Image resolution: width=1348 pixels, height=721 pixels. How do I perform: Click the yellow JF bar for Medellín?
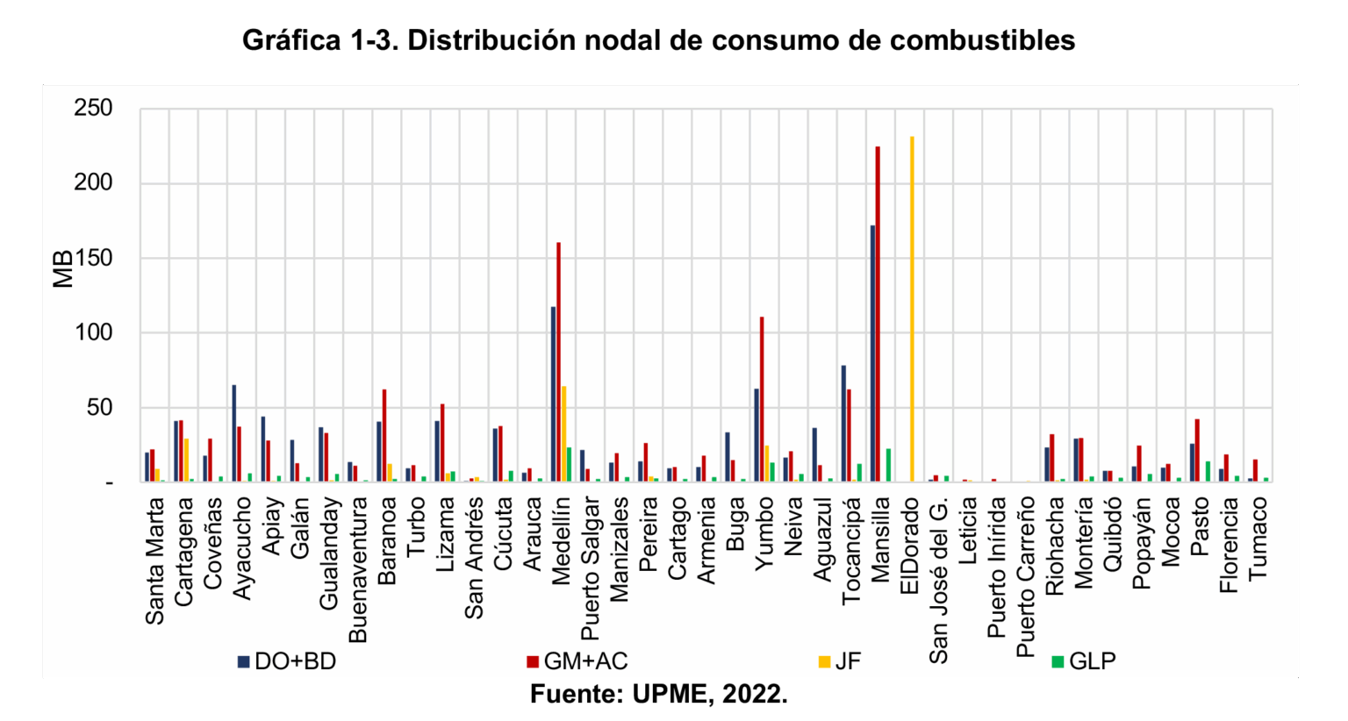pyautogui.click(x=563, y=433)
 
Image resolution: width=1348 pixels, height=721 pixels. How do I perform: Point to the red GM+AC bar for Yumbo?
pyautogui.click(x=762, y=399)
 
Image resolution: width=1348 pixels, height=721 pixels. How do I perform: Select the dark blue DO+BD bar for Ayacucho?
pyautogui.click(x=234, y=433)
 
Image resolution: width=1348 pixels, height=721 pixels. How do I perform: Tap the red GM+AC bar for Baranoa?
pyautogui.click(x=384, y=435)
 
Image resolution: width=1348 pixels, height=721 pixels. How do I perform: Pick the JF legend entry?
pyautogui.click(x=839, y=661)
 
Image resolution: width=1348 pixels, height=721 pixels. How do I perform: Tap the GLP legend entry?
pyautogui.click(x=1084, y=661)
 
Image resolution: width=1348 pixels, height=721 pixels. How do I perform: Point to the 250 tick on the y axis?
pyautogui.click(x=94, y=109)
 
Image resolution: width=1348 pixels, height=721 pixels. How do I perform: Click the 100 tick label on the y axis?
pyautogui.click(x=94, y=332)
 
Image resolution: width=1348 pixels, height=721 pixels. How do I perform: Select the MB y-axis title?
pyautogui.click(x=62, y=270)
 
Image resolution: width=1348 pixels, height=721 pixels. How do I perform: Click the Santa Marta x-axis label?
pyautogui.click(x=155, y=561)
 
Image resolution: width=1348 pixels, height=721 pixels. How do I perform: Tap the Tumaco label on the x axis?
pyautogui.click(x=1258, y=538)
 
